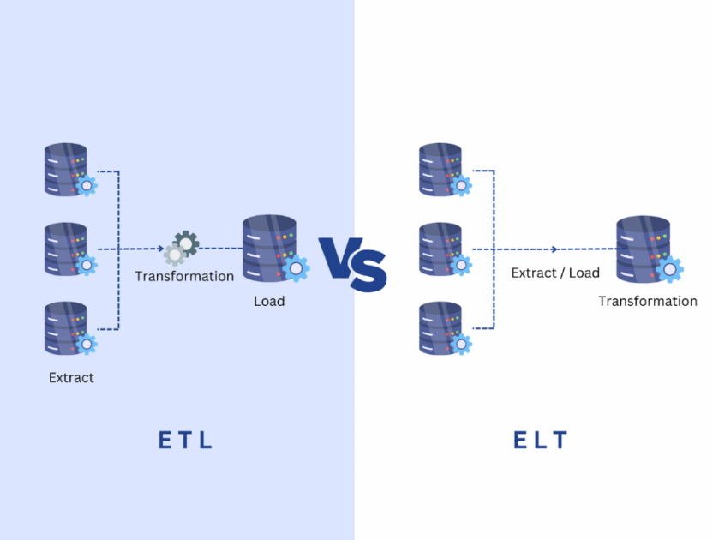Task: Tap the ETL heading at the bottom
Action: coord(185,441)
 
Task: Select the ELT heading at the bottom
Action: coord(541,441)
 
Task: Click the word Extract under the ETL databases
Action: coord(71,377)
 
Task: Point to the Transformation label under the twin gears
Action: coord(184,276)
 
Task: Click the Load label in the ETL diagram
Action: coord(269,301)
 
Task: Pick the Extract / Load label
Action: coord(555,273)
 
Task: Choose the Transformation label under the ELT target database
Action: coord(648,301)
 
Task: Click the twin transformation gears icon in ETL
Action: coord(182,248)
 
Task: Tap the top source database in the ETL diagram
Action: coord(67,170)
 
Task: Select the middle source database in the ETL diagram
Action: coord(67,249)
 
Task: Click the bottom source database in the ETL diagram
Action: coord(67,327)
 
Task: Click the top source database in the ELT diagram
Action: coord(441,170)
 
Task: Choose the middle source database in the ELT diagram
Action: coord(441,249)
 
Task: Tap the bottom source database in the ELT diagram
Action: coord(441,327)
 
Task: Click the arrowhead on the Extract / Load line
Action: coord(555,249)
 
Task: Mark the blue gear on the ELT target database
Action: coord(669,270)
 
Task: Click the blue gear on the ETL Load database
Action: coord(296,269)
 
